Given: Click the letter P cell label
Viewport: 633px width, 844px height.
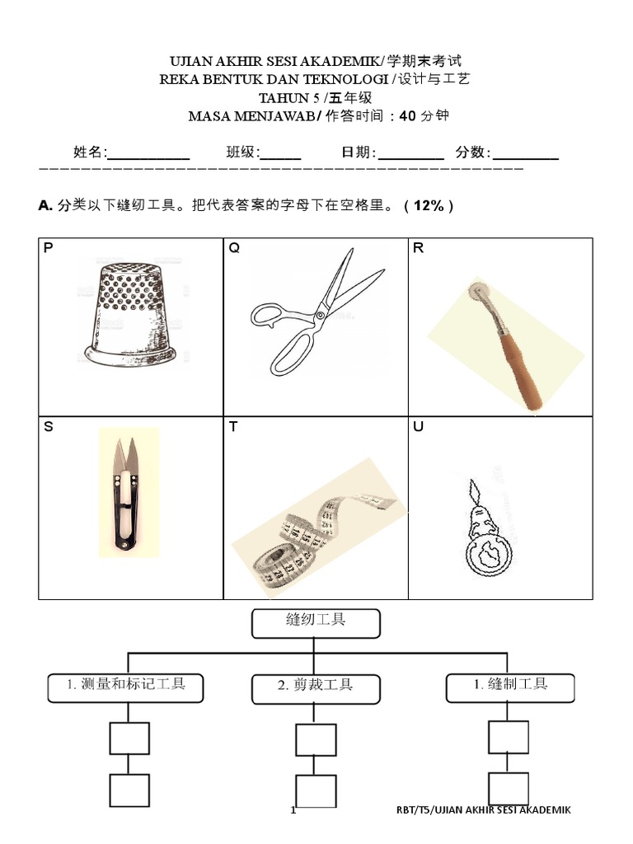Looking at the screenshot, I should point(48,248).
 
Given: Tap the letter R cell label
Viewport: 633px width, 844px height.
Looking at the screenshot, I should point(419,248).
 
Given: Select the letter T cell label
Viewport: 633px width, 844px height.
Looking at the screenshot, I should point(233,428).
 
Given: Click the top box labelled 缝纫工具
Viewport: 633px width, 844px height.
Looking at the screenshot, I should point(316,623).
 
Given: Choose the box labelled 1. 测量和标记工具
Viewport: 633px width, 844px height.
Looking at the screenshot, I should point(124,686).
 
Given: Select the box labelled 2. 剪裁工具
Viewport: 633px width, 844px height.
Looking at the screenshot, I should point(316,686).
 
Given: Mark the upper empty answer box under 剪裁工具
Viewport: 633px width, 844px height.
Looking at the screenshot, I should point(316,739).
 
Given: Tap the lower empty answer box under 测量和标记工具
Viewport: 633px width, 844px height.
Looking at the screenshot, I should point(129,790).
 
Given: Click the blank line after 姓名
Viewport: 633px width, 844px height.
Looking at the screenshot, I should point(149,153).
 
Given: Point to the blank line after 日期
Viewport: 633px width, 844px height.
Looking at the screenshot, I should point(411,153).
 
